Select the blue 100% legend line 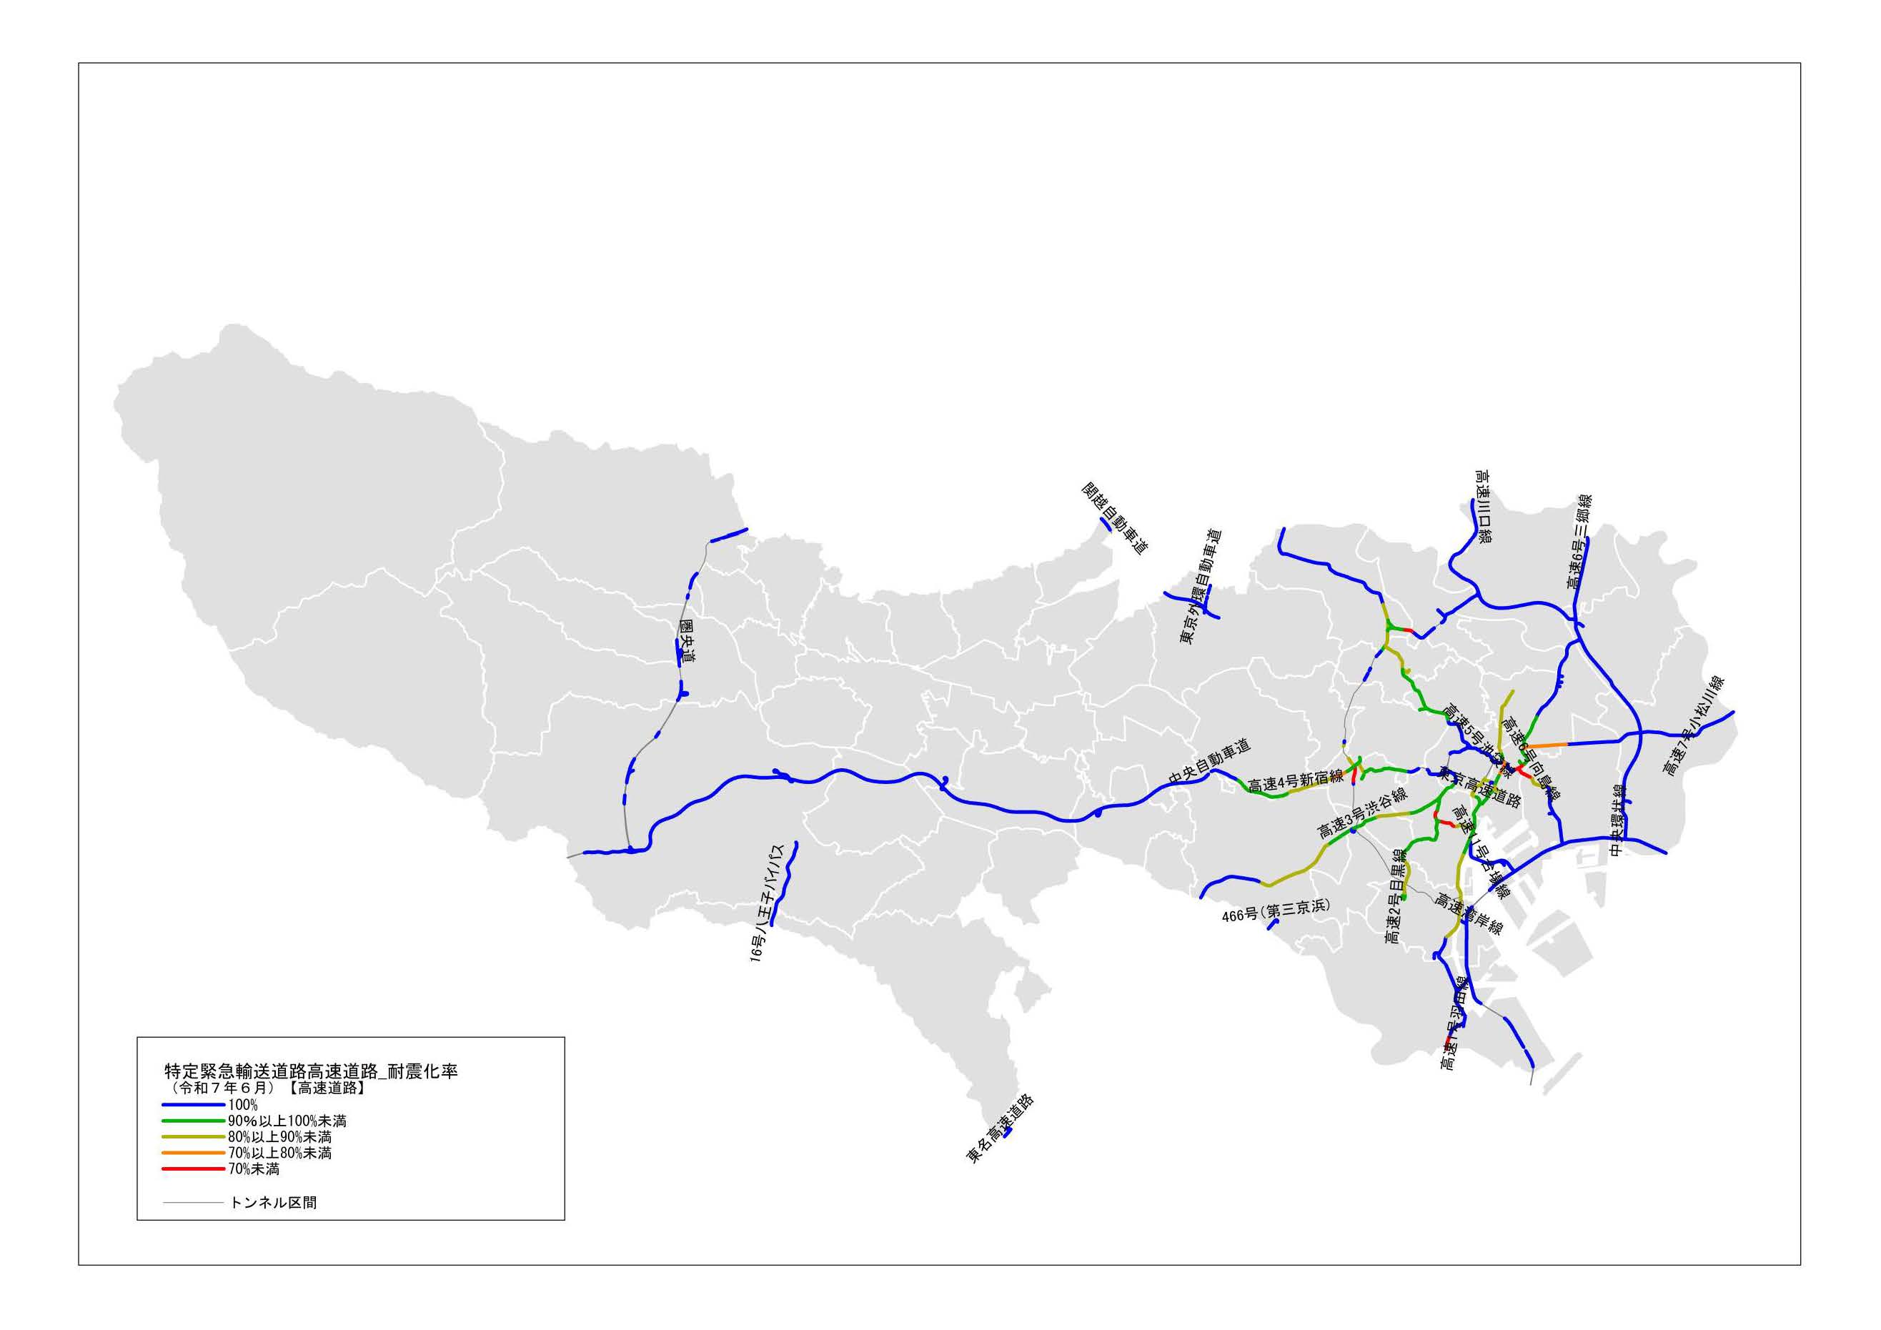194,1105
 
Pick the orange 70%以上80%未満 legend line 194,1153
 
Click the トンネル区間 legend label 274,1202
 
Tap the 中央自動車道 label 1209,761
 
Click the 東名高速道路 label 1001,1128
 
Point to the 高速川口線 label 1482,507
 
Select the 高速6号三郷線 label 1578,542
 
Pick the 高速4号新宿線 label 1296,780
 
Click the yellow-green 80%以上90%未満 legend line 194,1136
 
